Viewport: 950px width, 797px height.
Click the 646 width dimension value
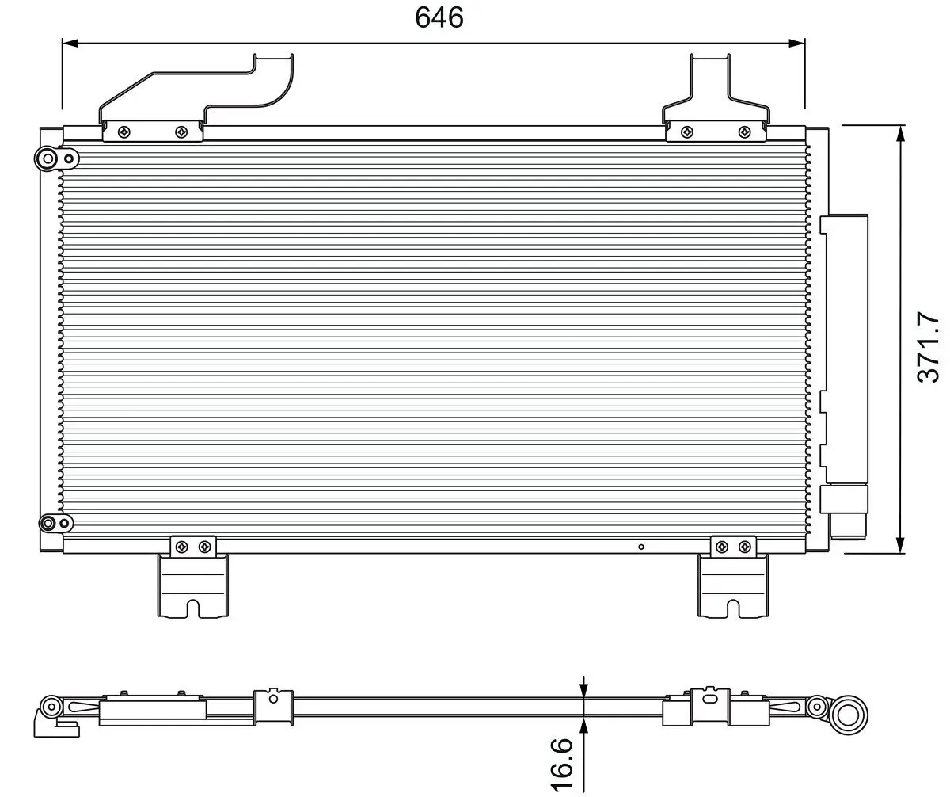(439, 17)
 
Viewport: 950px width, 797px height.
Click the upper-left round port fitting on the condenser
(48, 159)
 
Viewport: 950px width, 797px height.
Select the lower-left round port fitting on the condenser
(49, 523)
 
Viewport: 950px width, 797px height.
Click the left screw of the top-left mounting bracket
(123, 132)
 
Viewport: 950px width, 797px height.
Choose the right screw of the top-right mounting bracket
(743, 132)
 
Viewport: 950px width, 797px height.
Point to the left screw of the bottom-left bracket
(182, 546)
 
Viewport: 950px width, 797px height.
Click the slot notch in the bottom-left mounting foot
(194, 608)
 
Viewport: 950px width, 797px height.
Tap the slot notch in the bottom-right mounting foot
(733, 608)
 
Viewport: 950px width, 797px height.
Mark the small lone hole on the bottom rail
(641, 546)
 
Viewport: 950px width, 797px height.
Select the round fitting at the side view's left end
(52, 706)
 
